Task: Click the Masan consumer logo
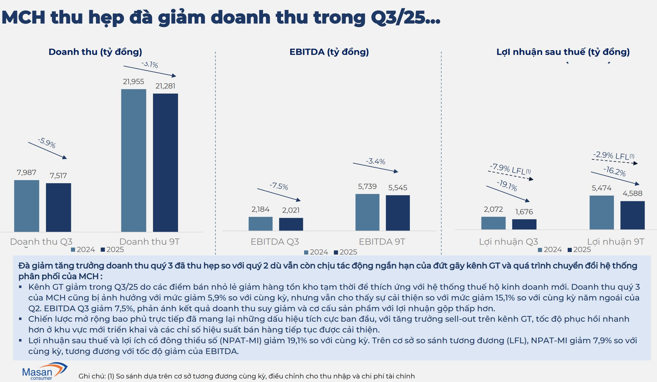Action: pyautogui.click(x=44, y=371)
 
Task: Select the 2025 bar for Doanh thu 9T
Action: pyautogui.click(x=165, y=162)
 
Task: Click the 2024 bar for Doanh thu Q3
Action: pyautogui.click(x=27, y=206)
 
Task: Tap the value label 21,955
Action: pyautogui.click(x=133, y=81)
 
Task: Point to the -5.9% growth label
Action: pyautogui.click(x=47, y=142)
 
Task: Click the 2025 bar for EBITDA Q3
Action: pyautogui.click(x=291, y=224)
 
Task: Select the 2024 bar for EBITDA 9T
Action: pyautogui.click(x=367, y=212)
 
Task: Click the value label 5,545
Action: pyautogui.click(x=398, y=188)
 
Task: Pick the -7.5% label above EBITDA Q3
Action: pyautogui.click(x=279, y=187)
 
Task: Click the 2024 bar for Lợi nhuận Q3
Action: pyautogui.click(x=493, y=223)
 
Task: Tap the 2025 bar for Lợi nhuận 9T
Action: pyautogui.click(x=632, y=215)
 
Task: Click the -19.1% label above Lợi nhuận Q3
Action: pyautogui.click(x=507, y=186)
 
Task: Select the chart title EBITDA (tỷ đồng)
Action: pyautogui.click(x=329, y=52)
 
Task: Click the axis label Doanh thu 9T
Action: pyautogui.click(x=149, y=242)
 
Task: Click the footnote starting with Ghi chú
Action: pyautogui.click(x=246, y=376)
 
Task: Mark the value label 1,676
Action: pyautogui.click(x=524, y=212)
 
